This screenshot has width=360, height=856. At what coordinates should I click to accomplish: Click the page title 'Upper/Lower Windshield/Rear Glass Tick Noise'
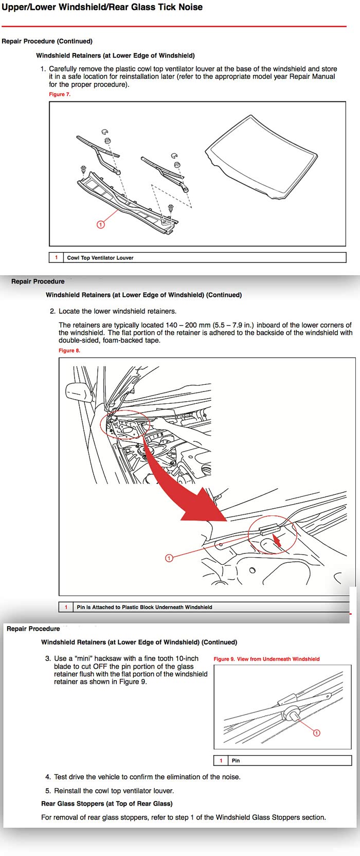[x=102, y=7]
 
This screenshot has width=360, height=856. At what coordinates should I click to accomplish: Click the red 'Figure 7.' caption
[x=60, y=94]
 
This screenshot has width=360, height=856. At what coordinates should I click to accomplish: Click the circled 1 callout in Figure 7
[x=101, y=224]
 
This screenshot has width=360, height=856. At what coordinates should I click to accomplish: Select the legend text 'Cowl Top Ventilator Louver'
[x=100, y=258]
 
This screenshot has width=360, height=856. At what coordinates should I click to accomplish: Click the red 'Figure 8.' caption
[x=69, y=350]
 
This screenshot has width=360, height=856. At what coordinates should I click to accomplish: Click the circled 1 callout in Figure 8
[x=169, y=558]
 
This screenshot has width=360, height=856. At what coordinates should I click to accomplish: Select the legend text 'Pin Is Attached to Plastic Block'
[x=144, y=607]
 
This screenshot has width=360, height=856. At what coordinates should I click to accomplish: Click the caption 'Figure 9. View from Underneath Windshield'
[x=266, y=659]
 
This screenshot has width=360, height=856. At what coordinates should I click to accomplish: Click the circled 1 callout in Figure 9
[x=317, y=733]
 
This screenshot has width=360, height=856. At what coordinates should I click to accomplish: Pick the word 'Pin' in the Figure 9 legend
[x=236, y=760]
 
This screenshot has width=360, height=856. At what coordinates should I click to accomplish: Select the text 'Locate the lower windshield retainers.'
[x=117, y=311]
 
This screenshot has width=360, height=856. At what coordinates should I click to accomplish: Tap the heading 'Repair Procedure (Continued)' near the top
[x=47, y=41]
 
